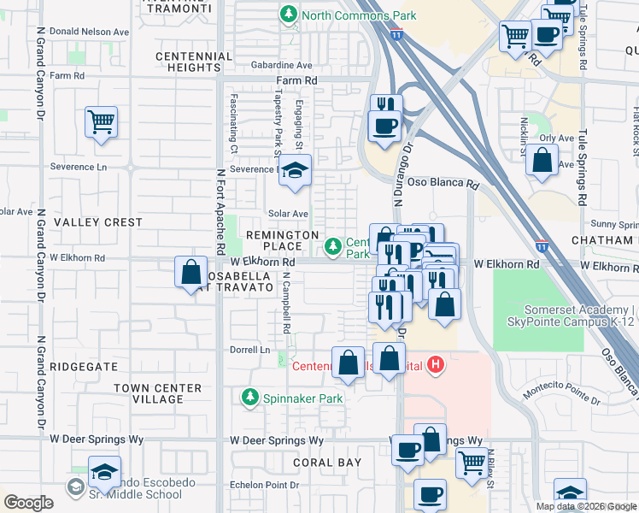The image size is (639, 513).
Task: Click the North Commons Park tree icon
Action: click(x=289, y=15)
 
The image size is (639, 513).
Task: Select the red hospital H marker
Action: click(x=436, y=365)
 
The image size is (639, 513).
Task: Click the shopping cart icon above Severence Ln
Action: click(x=101, y=122)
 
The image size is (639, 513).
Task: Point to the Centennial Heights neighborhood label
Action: click(x=194, y=62)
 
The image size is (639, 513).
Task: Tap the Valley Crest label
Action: click(x=98, y=222)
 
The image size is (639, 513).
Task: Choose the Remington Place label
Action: click(x=282, y=240)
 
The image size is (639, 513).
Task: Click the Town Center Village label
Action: click(x=159, y=393)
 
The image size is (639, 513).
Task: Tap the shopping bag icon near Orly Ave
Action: click(x=542, y=160)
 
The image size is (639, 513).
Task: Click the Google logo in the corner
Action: click(x=28, y=503)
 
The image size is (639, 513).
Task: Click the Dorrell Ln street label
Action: click(x=249, y=350)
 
